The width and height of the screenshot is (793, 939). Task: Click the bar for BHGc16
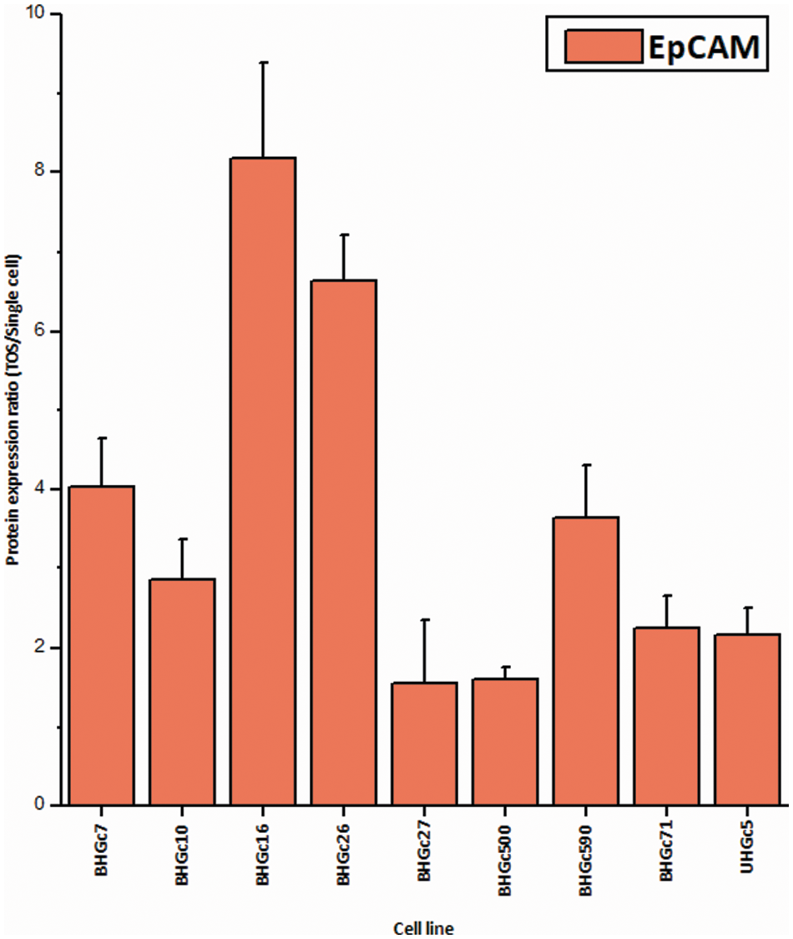click(263, 481)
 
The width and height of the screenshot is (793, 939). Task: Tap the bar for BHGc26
click(343, 543)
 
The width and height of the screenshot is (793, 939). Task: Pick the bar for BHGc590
click(586, 661)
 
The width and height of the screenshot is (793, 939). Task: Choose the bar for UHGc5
click(748, 719)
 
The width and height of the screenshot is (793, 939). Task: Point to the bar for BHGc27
click(424, 744)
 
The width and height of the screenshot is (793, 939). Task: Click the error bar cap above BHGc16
click(263, 63)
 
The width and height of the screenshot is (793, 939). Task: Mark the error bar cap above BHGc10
click(182, 539)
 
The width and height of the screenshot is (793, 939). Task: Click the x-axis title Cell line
click(424, 928)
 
